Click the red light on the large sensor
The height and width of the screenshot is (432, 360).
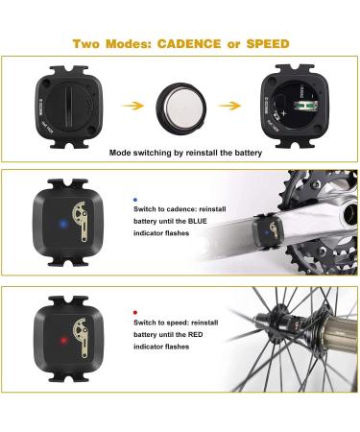60,340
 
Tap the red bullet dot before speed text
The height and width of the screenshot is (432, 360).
134,312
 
